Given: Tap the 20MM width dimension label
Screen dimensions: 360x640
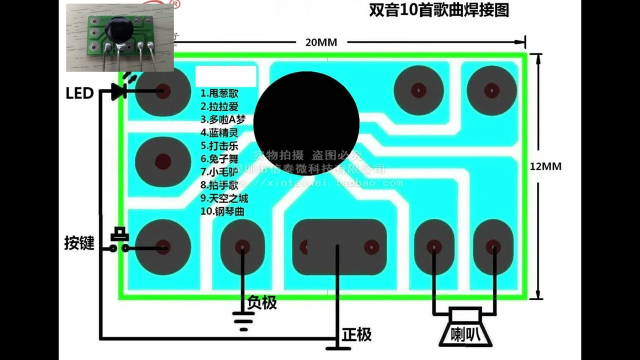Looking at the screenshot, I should click(321, 42).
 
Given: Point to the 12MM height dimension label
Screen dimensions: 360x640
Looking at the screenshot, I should click(545, 166).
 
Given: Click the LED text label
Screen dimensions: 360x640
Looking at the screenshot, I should click(79, 93).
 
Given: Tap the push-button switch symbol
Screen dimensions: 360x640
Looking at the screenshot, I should click(119, 240).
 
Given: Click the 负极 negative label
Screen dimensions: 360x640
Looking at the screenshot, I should click(262, 302).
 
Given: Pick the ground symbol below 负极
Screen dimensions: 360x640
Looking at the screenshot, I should click(243, 320).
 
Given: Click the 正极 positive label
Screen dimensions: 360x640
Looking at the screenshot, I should click(356, 334).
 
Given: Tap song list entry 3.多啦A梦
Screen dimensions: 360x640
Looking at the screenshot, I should click(223, 119).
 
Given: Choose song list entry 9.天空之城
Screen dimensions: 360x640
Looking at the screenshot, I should click(224, 198).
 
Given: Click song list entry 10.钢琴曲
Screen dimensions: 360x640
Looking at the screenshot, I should click(222, 211).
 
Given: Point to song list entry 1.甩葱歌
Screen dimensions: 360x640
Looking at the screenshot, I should click(219, 93).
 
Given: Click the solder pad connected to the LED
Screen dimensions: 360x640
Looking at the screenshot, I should click(162, 91).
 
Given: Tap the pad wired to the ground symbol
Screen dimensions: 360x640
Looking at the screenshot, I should click(242, 247).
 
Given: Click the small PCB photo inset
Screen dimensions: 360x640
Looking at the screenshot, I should click(120, 37).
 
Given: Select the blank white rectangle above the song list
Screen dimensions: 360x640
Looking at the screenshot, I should click(225, 76).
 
